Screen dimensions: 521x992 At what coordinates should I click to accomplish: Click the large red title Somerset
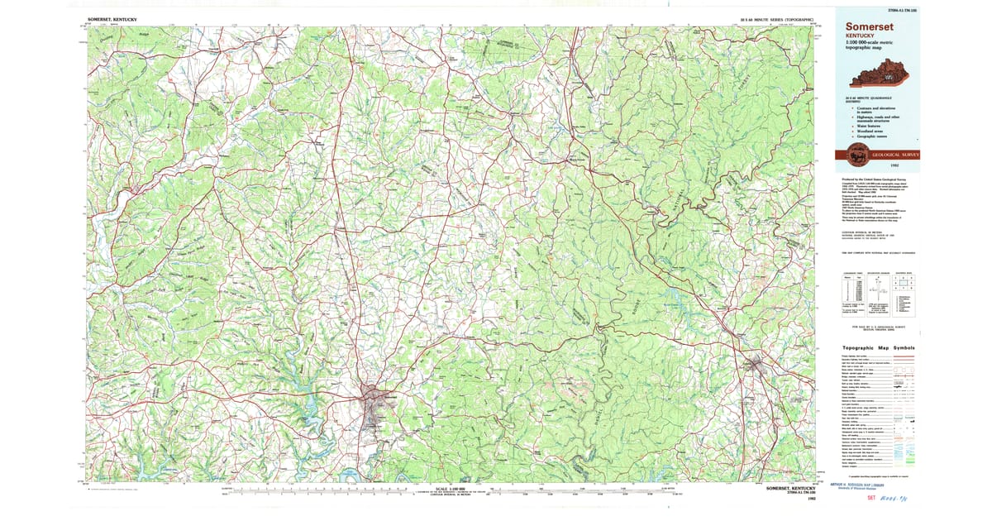point(867,26)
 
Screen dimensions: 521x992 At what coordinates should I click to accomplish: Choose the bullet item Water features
point(869,126)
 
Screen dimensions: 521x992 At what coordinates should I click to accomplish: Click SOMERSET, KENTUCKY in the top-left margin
point(112,17)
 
